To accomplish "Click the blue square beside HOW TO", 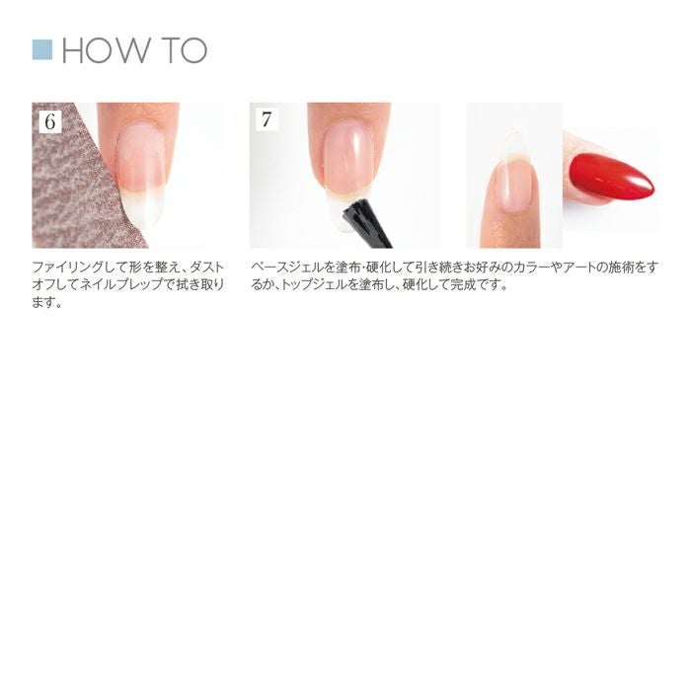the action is (42, 49).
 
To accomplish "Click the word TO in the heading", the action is (185, 50).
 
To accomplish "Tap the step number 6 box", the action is (50, 121).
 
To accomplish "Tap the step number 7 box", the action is (267, 119).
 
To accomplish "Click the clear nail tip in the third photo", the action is (514, 144).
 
